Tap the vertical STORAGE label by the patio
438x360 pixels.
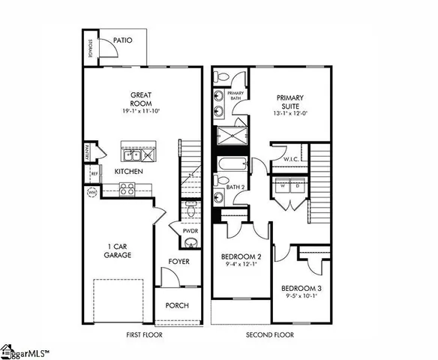[x=90, y=49]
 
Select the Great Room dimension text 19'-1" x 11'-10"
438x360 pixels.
[x=142, y=110]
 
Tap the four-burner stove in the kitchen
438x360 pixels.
[x=127, y=189]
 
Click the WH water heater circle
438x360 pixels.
[x=91, y=193]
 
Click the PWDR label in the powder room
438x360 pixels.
[x=190, y=232]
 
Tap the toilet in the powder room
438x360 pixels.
[x=190, y=213]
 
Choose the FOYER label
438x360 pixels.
[x=178, y=262]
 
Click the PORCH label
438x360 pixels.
[x=178, y=305]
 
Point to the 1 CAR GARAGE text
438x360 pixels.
[x=118, y=251]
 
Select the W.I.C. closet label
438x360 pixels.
[x=292, y=159]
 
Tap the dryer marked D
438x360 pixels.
[x=299, y=184]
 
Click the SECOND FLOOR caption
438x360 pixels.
[x=270, y=334]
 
